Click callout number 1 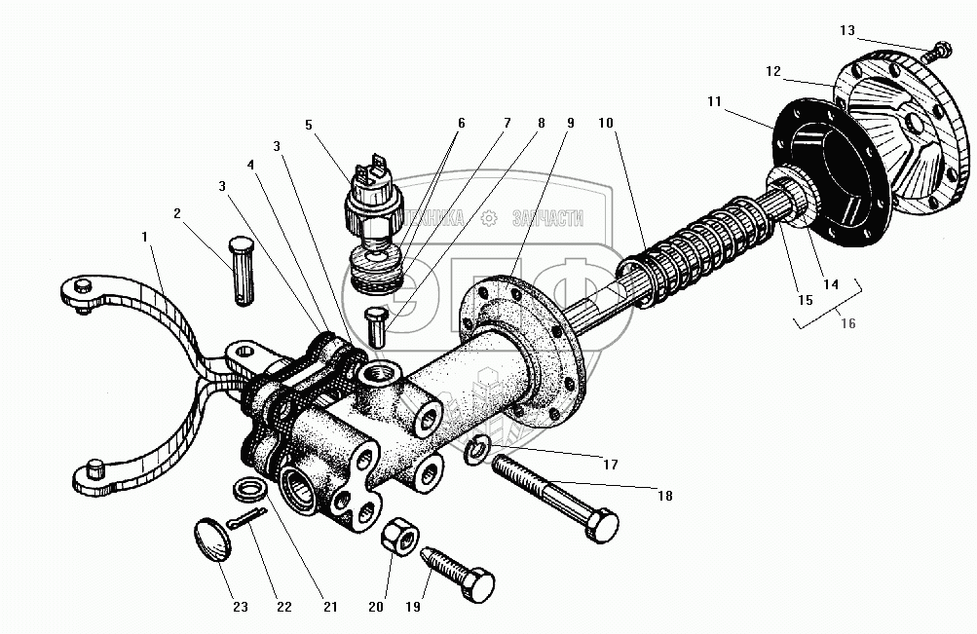pyautogui.click(x=144, y=236)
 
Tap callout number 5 pyautogui.click(x=308, y=125)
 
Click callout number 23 pyautogui.click(x=240, y=607)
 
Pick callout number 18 pyautogui.click(x=665, y=495)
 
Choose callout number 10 pyautogui.click(x=606, y=124)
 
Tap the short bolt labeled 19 pyautogui.click(x=459, y=574)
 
